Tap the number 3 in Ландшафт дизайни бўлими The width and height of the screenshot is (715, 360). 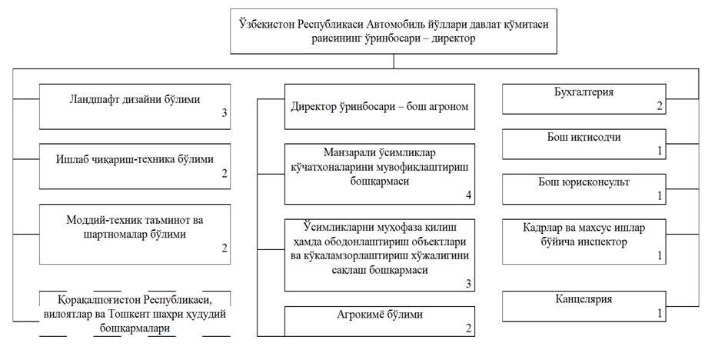pos(224,114)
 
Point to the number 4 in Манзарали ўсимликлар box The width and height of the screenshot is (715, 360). pos(468,195)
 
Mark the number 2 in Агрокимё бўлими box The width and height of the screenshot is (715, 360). pos(468,328)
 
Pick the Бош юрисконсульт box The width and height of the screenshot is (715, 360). pos(583,189)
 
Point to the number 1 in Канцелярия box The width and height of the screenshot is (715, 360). pos(659,313)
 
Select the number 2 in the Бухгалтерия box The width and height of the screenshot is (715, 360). pos(659,105)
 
